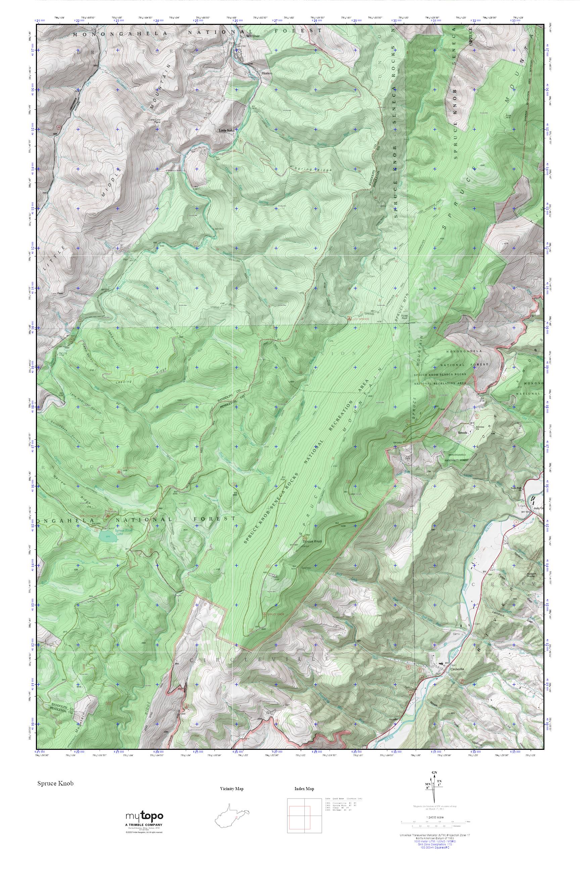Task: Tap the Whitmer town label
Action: click(x=254, y=36)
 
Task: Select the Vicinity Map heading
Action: click(x=232, y=789)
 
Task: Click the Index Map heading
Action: click(x=304, y=789)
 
